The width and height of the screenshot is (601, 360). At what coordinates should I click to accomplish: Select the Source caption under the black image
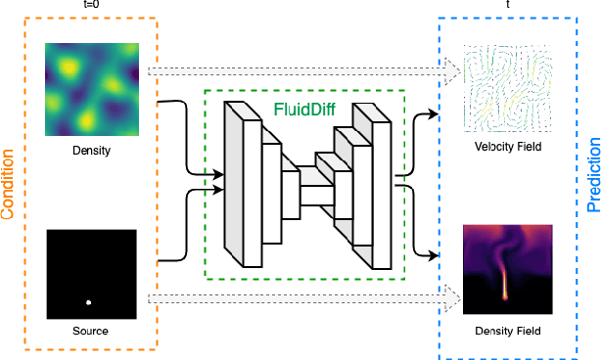tap(89, 331)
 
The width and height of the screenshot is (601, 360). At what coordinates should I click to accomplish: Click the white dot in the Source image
tap(89, 301)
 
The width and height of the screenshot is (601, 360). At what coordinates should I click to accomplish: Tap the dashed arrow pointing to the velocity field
tap(303, 70)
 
